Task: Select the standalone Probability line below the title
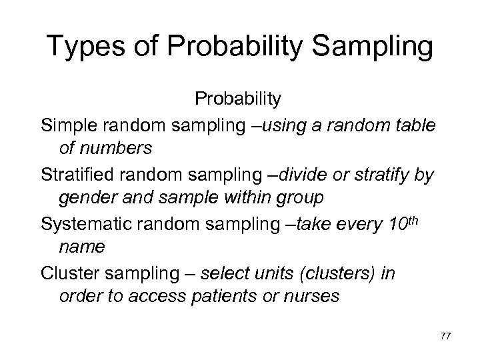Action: point(238,99)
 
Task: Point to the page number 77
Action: point(445,337)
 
